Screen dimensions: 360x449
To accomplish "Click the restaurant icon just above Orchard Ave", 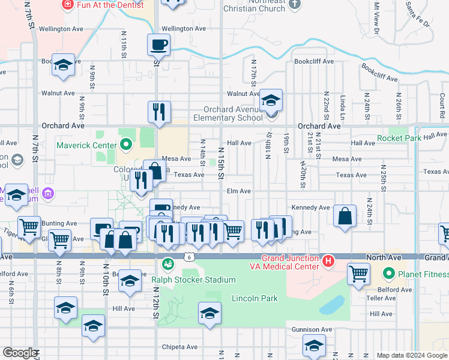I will click(159, 111).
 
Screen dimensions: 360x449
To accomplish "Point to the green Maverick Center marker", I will click(125, 145).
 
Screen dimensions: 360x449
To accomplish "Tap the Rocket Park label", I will click(399, 139).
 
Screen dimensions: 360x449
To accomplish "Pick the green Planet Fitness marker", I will click(388, 275).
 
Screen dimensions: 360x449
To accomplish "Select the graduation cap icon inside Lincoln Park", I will click(209, 313).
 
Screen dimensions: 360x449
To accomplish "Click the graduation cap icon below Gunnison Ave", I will click(313, 345).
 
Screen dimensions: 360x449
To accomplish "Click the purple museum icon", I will click(49, 194).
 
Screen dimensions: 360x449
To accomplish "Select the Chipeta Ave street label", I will click(179, 347).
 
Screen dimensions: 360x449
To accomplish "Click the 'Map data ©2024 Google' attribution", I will click(411, 355).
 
